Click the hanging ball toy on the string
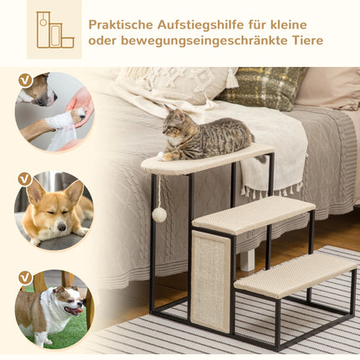pos(158,214)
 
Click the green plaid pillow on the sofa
pos(265,87)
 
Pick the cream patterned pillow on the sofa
pos(176,83)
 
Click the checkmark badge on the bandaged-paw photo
pos(25,80)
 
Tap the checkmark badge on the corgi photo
pos(25,179)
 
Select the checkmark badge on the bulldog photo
pos(25,277)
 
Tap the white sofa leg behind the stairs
pos(248,260)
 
